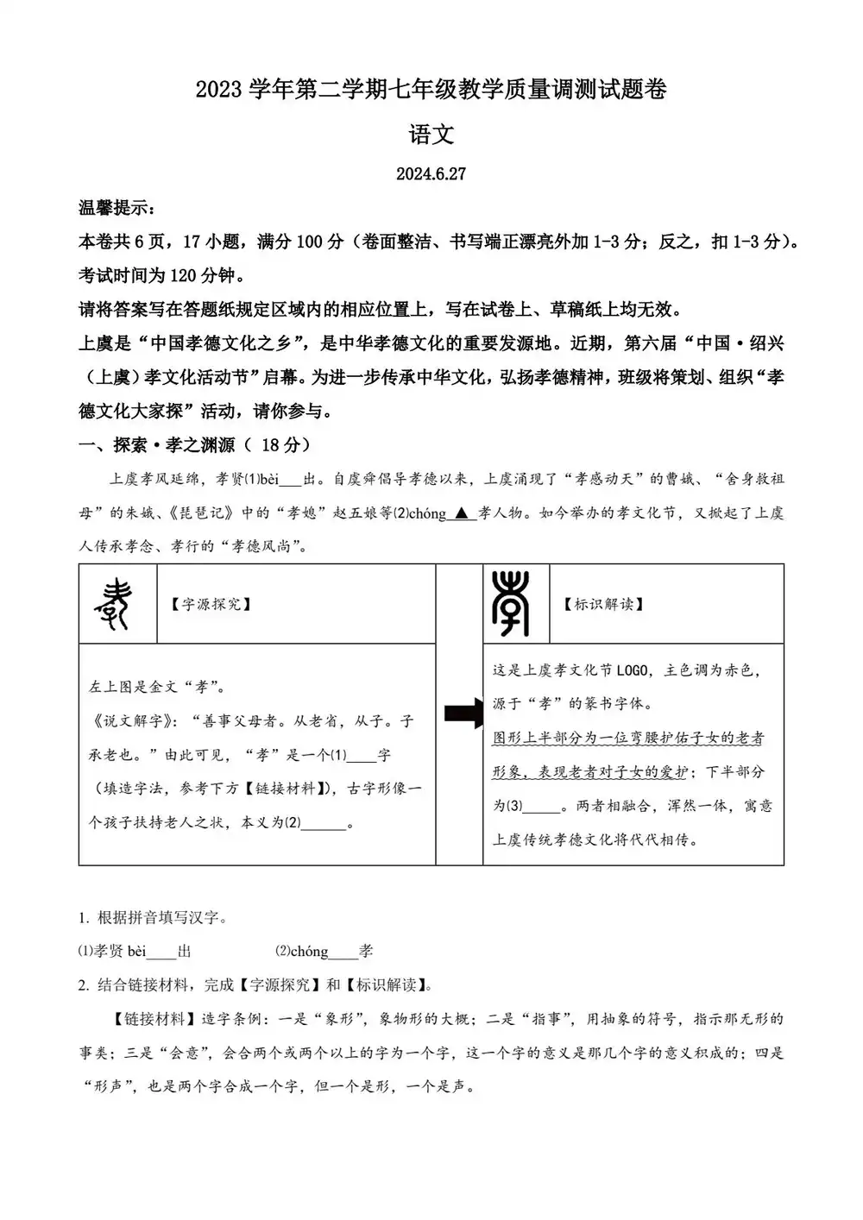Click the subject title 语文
point(431,135)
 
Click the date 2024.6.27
point(431,173)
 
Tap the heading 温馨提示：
point(117,208)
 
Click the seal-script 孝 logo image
point(511,603)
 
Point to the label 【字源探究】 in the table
point(211,604)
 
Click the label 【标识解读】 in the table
point(604,604)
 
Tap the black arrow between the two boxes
point(462,714)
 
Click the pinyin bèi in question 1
point(137,951)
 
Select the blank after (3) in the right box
point(542,807)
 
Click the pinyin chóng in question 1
point(309,951)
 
